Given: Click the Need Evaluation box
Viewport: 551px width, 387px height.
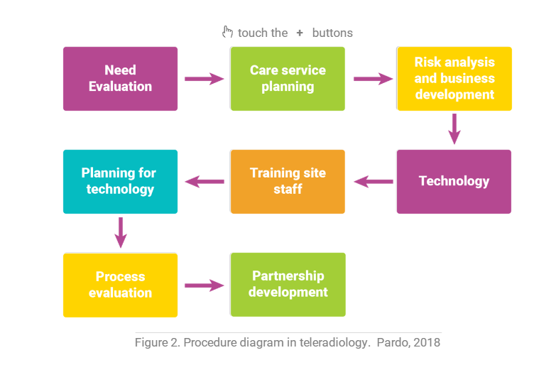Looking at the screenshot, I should (x=120, y=79).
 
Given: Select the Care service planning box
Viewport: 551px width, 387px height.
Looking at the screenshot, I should (x=288, y=79).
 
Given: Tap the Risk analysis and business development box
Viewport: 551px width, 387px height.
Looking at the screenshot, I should (x=454, y=79).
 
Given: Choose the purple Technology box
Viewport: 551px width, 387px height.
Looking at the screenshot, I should (x=454, y=181).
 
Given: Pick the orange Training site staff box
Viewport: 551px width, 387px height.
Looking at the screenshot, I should (x=288, y=181).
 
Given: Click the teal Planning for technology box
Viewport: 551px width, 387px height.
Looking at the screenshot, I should (x=120, y=181).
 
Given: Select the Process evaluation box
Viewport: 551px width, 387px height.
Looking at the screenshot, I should (x=120, y=285).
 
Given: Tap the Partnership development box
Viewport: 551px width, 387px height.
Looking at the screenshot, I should (x=288, y=284).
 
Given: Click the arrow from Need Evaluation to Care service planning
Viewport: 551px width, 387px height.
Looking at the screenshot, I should (x=204, y=79).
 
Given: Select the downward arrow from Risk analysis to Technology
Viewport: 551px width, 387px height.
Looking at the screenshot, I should (x=454, y=129).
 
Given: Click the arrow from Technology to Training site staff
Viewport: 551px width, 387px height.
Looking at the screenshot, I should (x=373, y=182).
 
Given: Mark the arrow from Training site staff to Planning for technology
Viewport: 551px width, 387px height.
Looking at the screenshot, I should (x=204, y=182).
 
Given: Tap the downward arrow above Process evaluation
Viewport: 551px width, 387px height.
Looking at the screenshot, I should (x=121, y=232).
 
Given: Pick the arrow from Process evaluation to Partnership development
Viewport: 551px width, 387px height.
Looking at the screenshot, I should (x=204, y=285).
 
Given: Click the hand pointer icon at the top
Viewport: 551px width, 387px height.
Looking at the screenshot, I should (x=228, y=32).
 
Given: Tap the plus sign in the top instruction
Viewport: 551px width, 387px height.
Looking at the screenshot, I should (x=300, y=33).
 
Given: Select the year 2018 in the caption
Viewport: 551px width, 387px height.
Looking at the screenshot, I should (x=427, y=343).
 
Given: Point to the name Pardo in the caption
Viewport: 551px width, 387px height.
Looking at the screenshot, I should (x=392, y=343).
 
